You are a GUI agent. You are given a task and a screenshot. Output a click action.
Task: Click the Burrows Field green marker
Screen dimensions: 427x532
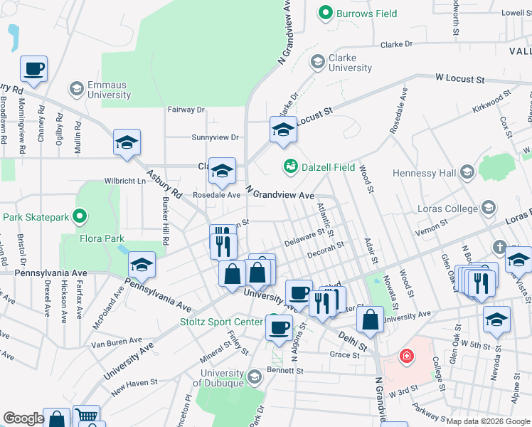pyautogui.click(x=326, y=12)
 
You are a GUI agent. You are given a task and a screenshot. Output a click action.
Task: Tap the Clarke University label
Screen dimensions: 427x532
pyautogui.click(x=350, y=63)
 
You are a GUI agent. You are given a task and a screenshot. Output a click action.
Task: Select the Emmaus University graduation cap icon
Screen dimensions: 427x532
pyautogui.click(x=76, y=89)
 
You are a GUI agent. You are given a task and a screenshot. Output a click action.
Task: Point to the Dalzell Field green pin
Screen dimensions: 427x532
pyautogui.click(x=290, y=167)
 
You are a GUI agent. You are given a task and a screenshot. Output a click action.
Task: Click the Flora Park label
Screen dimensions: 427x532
pyautogui.click(x=102, y=239)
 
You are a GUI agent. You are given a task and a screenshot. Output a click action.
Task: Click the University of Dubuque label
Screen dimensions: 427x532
pyautogui.click(x=222, y=379)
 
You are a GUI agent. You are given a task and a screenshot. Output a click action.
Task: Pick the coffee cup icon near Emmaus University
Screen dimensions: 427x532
pyautogui.click(x=34, y=69)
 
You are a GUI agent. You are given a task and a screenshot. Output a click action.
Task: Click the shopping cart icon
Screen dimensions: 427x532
pyautogui.click(x=86, y=417)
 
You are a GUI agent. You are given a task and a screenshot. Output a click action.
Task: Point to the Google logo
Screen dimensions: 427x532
pyautogui.click(x=23, y=418)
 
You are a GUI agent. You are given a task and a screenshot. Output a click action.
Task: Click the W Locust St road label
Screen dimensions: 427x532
pyautogui.click(x=459, y=78)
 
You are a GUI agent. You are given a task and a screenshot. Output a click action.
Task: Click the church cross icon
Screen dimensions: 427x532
pyautogui.click(x=500, y=248)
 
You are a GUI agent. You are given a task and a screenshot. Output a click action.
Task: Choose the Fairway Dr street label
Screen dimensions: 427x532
pyautogui.click(x=186, y=110)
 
